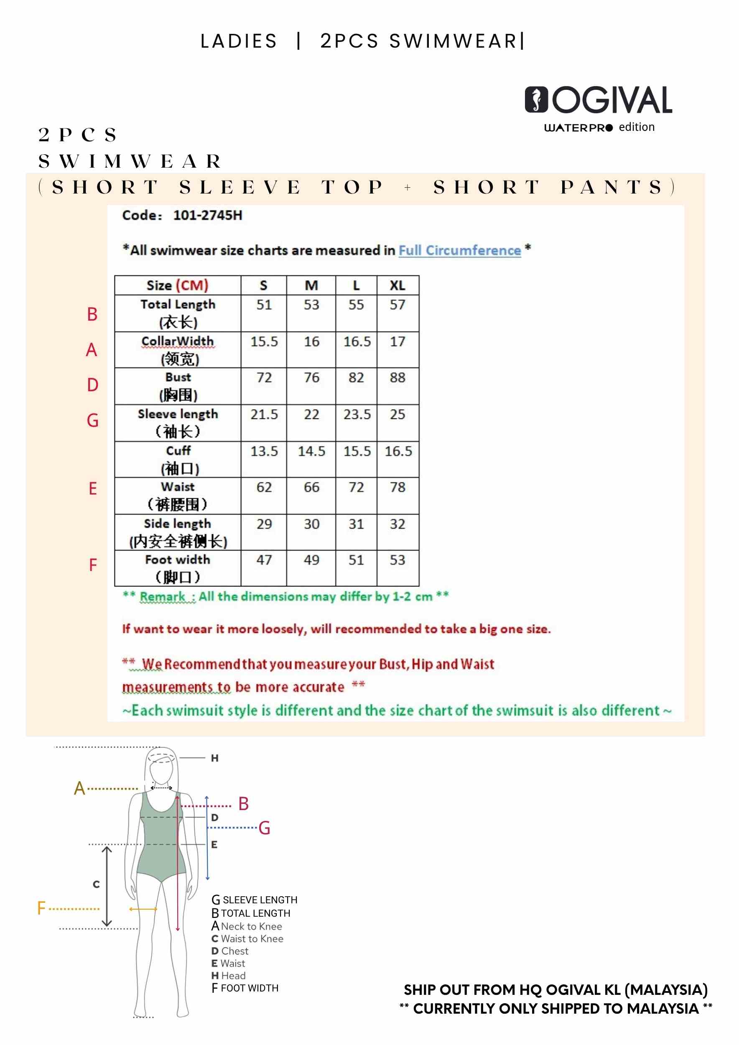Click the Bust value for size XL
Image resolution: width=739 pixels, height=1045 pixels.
(x=397, y=378)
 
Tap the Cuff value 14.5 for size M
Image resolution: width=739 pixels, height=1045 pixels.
(x=311, y=451)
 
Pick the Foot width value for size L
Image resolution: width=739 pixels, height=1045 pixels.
(x=356, y=560)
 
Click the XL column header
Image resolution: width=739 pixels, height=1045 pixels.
(x=397, y=285)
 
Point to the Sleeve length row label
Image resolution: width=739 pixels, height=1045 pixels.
(x=178, y=414)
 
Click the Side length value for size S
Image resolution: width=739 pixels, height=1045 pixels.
(x=263, y=524)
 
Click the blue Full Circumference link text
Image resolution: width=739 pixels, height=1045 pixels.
(x=460, y=250)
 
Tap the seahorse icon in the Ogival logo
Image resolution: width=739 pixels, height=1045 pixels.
(x=537, y=99)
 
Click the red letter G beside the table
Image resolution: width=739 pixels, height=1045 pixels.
(x=92, y=421)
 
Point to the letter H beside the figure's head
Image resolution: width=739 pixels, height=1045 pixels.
(x=214, y=758)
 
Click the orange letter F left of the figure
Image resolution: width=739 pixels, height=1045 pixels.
(x=41, y=908)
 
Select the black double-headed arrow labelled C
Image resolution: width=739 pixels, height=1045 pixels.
(x=107, y=886)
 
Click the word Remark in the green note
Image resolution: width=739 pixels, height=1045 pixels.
(x=163, y=596)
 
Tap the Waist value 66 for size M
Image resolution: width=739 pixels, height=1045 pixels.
(x=311, y=487)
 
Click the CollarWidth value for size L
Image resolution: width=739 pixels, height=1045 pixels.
(x=357, y=342)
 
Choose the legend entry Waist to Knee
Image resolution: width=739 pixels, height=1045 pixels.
(x=252, y=939)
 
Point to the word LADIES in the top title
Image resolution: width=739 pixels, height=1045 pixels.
(x=239, y=41)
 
